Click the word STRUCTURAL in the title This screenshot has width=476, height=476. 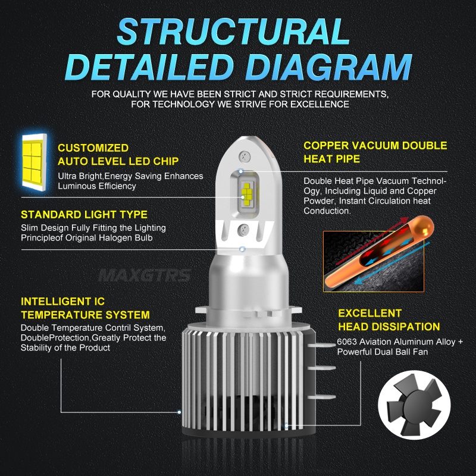point(233,32)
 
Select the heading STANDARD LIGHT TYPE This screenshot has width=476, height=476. point(84,215)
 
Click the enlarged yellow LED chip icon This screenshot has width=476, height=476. point(34,162)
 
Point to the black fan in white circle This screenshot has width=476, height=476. point(414,405)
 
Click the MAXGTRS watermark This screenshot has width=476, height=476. point(145,275)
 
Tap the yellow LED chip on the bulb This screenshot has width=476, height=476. point(247,193)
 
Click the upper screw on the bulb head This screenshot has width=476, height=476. point(245,156)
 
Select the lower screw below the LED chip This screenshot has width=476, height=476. point(243,230)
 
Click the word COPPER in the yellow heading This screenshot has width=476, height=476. point(322,146)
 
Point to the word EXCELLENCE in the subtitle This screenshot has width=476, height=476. point(320,105)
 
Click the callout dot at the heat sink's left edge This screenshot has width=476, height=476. point(179,412)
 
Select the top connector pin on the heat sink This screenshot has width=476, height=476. point(322,345)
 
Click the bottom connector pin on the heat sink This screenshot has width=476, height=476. point(322,397)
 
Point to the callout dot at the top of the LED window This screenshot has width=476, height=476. point(241,171)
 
